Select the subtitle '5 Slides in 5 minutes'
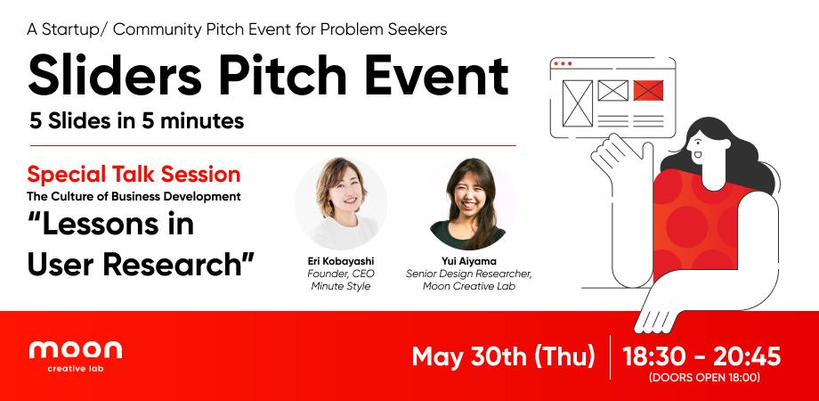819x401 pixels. (136, 122)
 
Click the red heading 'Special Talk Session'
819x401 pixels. (134, 173)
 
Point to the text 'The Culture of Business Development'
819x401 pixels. (135, 195)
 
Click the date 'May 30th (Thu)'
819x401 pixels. (503, 356)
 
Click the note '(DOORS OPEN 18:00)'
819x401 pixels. (704, 378)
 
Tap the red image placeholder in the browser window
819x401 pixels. (648, 90)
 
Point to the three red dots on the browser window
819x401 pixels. (562, 64)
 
